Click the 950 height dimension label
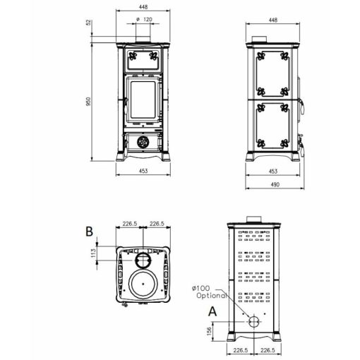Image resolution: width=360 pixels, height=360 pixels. click(88, 102)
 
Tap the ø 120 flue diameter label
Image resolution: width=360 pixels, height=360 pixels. click(144, 19)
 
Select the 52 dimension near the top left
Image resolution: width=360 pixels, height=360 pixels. click(88, 23)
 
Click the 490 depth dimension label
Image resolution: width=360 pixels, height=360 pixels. click(275, 184)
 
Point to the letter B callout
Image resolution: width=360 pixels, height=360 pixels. click(90, 232)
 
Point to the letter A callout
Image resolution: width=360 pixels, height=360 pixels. click(212, 311)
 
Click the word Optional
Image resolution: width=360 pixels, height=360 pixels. click(212, 296)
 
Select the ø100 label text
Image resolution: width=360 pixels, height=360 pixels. click(201, 288)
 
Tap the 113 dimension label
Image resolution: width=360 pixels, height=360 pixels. click(93, 253)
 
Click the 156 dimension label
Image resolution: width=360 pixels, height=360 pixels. click(209, 331)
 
